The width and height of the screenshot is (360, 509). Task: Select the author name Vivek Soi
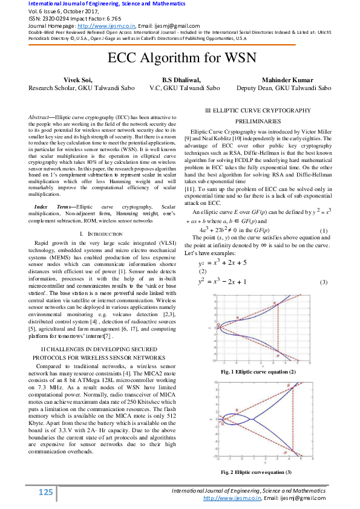point(79,80)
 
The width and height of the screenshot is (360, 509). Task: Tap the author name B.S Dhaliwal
point(180,80)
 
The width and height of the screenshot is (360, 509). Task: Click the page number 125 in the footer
point(46,493)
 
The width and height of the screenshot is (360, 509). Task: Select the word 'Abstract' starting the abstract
point(75,115)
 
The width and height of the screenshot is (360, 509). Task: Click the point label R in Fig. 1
point(237,317)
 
